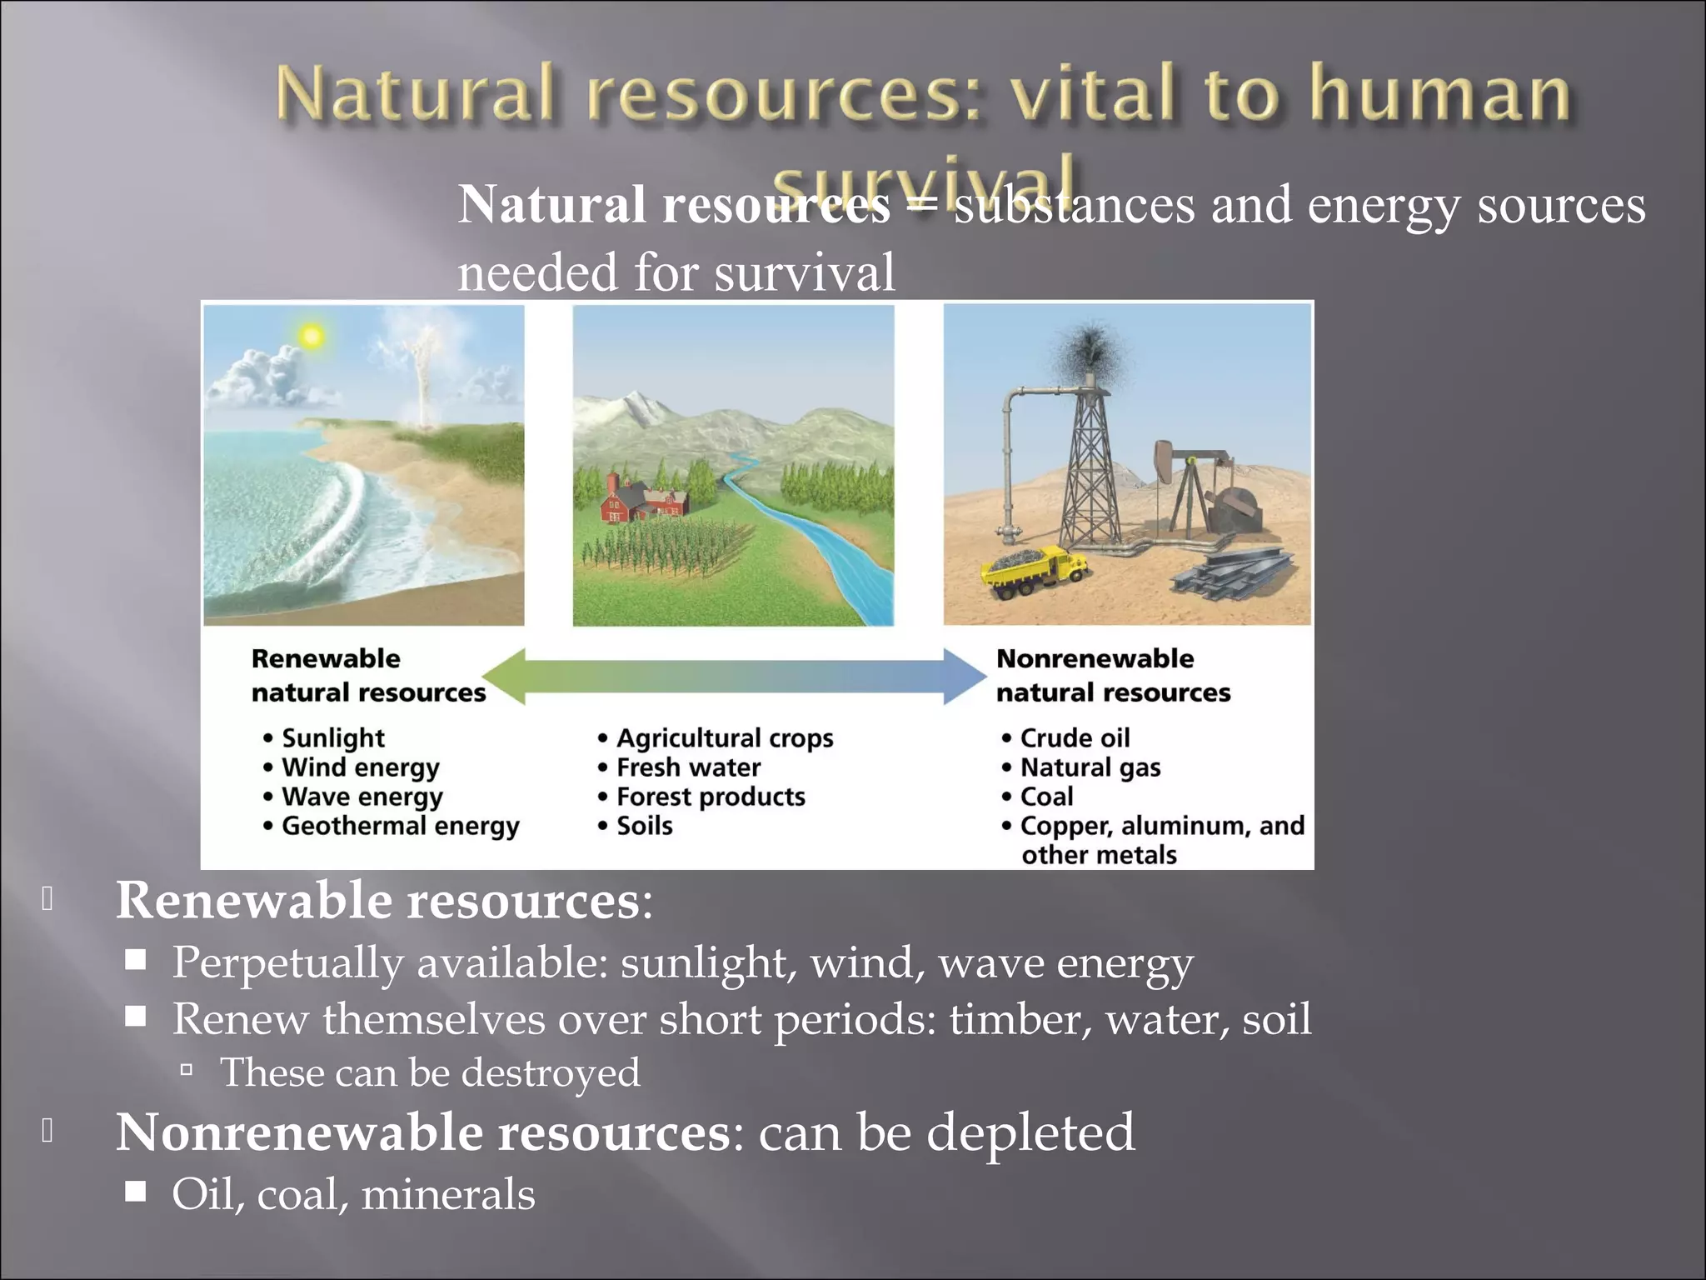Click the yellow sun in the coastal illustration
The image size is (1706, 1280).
[x=312, y=336]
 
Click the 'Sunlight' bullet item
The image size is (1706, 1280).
[x=332, y=738]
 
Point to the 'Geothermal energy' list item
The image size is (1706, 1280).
[x=400, y=827]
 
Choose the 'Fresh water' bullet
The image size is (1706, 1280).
[x=688, y=767]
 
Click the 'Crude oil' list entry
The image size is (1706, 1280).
[x=1075, y=738]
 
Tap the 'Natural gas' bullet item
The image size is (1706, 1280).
[x=1090, y=767]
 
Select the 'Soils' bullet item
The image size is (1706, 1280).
[x=644, y=827]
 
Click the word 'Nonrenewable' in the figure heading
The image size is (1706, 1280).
[x=1095, y=658]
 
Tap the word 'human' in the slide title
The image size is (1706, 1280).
[x=1439, y=93]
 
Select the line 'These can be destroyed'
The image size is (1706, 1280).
[x=429, y=1072]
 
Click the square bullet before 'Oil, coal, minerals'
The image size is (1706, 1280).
[x=136, y=1192]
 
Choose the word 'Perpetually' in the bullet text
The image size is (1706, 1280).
[x=287, y=962]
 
